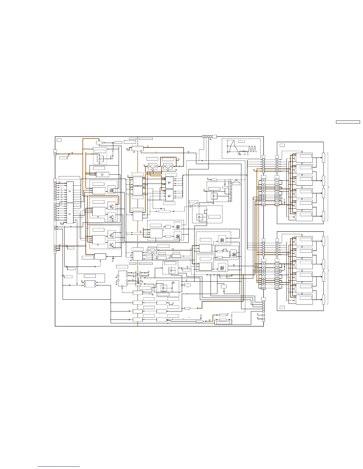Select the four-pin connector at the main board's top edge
207,136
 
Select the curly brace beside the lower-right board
328,270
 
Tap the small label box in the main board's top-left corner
59,140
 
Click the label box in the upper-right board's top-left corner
282,145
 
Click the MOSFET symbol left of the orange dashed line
112,189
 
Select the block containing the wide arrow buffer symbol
102,175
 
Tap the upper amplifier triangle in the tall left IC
70,192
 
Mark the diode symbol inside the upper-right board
284,203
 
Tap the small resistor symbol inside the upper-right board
284,171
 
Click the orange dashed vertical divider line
138,231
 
